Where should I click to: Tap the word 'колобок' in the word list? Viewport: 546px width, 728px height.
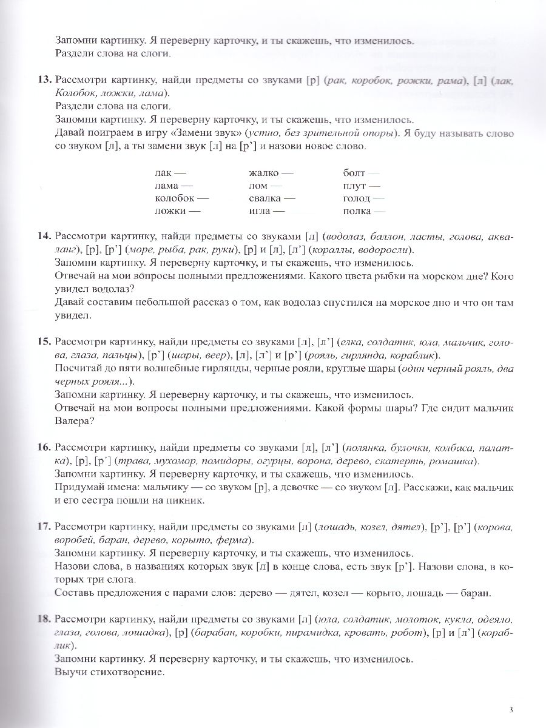172,198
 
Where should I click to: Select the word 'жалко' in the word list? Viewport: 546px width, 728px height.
261,173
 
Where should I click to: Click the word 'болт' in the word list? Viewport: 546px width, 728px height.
353,173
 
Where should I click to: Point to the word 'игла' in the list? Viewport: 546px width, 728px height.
258,211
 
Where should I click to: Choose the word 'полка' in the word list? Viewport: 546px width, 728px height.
356,211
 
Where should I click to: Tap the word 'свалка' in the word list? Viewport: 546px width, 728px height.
264,198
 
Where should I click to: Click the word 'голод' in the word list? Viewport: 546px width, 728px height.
356,198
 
